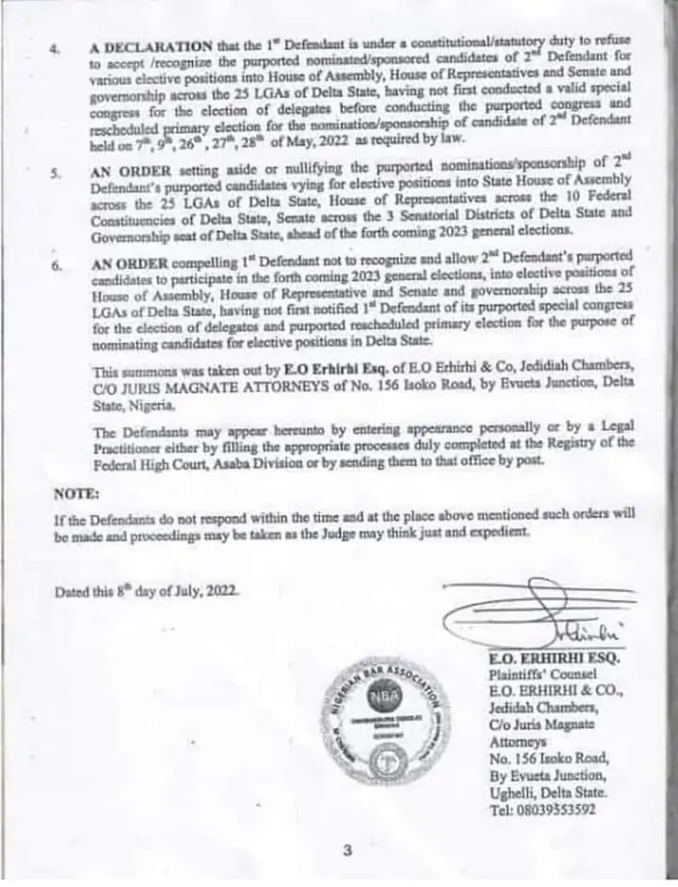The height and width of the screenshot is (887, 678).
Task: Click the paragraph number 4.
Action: pyautogui.click(x=56, y=46)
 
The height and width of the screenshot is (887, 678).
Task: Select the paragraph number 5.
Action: pyautogui.click(x=56, y=173)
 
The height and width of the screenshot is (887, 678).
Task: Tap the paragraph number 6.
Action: pyautogui.click(x=56, y=266)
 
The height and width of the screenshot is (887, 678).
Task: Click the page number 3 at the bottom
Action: pyautogui.click(x=347, y=850)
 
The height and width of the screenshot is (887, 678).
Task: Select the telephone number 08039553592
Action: pyautogui.click(x=541, y=810)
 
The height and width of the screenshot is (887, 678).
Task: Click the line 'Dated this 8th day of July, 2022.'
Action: pyautogui.click(x=147, y=591)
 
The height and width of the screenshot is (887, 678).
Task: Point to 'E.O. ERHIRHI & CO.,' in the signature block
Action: pyautogui.click(x=542, y=690)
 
